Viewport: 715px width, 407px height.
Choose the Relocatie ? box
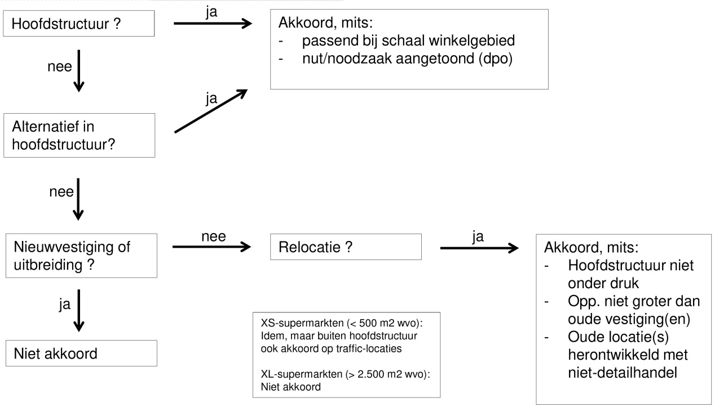[x=346, y=248]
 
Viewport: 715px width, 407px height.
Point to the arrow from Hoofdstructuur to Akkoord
[x=211, y=23]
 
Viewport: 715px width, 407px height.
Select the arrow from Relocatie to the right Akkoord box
[x=479, y=247]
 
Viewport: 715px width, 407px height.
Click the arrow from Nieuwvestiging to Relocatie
[x=211, y=247]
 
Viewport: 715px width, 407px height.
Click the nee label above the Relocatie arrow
[x=214, y=237]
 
